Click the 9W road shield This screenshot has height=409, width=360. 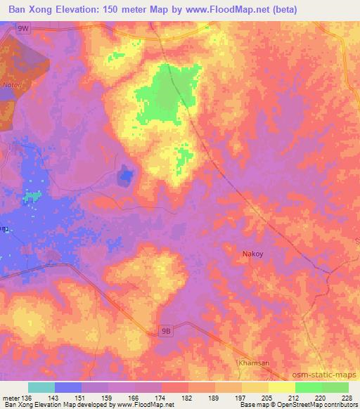tap(24, 28)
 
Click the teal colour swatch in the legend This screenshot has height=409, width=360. tap(41, 387)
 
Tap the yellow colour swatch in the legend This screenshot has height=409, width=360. tap(281, 387)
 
